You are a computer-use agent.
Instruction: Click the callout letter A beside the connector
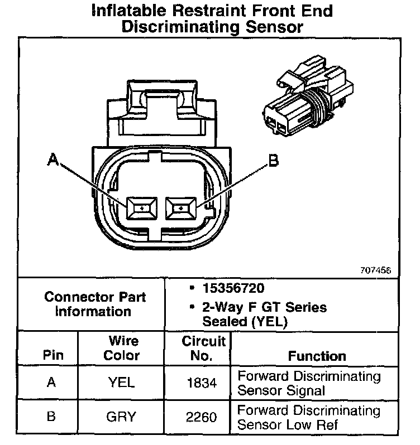(53, 161)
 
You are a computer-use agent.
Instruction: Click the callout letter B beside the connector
(273, 161)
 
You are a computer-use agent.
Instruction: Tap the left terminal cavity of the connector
(144, 209)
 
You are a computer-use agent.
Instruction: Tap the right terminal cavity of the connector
(180, 209)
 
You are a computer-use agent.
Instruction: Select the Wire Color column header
(122, 347)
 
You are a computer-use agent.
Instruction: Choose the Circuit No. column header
(203, 347)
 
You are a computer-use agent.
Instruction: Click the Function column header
(317, 355)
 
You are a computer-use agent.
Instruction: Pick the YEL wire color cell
(122, 383)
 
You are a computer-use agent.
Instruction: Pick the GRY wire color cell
(122, 417)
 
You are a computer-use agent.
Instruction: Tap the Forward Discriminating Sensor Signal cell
(309, 383)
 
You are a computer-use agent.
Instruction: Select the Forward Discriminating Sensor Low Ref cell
(309, 417)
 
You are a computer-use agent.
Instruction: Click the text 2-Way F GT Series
(265, 307)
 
